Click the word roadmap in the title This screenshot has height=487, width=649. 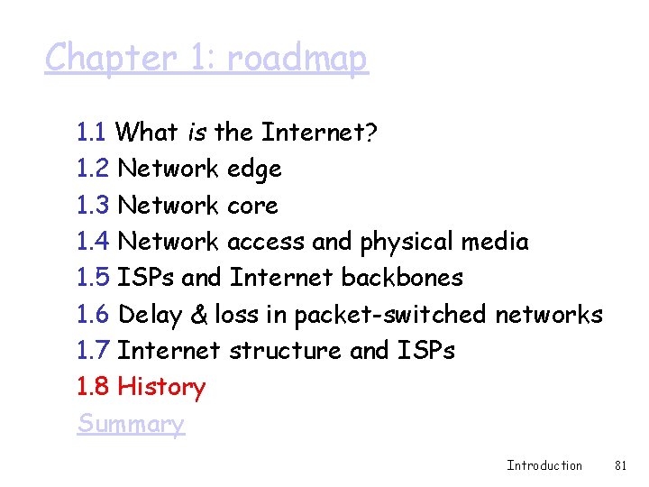[x=297, y=59]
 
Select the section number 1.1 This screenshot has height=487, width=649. [x=93, y=133]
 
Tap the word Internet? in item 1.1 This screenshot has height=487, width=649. [x=319, y=133]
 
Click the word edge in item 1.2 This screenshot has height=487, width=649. [x=254, y=170]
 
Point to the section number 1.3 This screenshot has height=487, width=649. [x=93, y=206]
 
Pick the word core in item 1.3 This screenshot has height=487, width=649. [x=252, y=206]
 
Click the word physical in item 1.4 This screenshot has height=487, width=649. [x=407, y=242]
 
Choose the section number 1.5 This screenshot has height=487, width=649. [x=93, y=278]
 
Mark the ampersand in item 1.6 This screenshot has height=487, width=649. [x=200, y=315]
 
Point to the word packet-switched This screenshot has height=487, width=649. [x=391, y=315]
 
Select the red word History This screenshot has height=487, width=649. [x=161, y=388]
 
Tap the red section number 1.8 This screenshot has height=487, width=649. [x=93, y=388]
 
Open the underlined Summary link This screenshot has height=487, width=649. [x=131, y=424]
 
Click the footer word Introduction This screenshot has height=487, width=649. [x=544, y=465]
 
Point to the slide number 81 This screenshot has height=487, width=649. [x=620, y=465]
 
